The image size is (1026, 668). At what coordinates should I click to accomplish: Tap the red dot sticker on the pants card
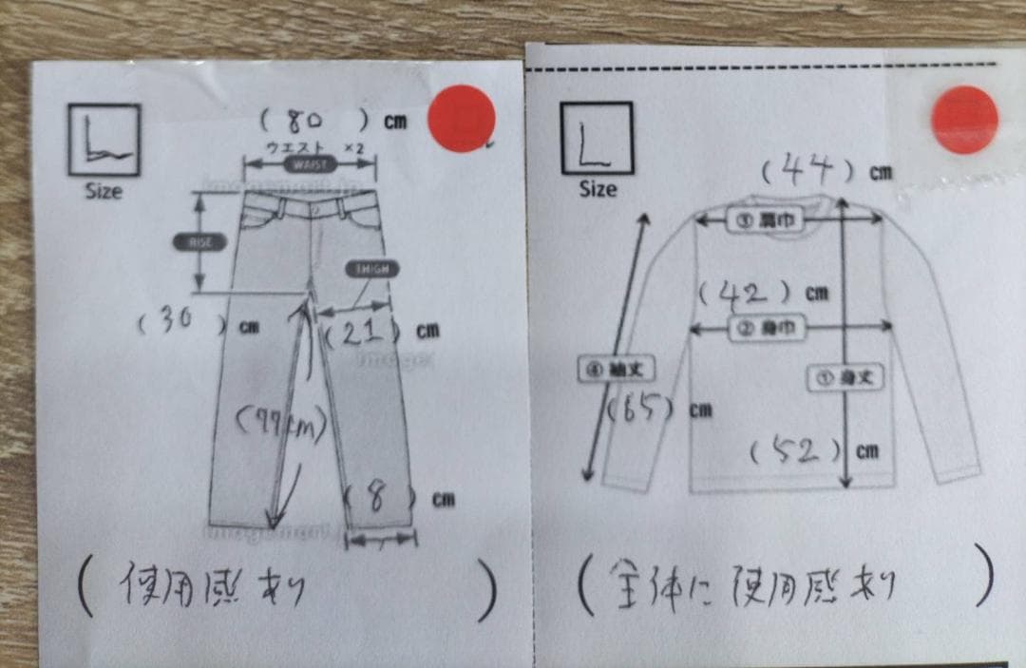(462, 118)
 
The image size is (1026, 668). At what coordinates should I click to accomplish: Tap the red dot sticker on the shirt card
(964, 119)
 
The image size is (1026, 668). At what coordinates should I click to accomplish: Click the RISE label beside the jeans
(199, 242)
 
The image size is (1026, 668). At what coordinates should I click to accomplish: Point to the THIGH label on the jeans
(372, 269)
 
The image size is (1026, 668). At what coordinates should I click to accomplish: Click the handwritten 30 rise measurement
(175, 322)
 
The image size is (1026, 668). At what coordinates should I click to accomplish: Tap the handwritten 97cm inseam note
(279, 423)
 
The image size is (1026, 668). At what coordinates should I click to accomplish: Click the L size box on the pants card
(104, 140)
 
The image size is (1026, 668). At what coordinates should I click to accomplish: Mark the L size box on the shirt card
(597, 138)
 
